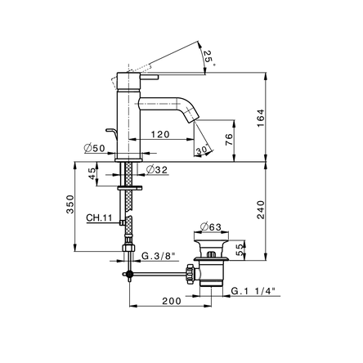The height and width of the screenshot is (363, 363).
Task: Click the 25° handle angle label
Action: pos(208,57)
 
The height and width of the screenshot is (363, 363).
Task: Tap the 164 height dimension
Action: pos(261,118)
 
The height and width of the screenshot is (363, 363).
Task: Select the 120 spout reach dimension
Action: pos(160,134)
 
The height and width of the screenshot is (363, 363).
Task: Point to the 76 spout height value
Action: pos(230,139)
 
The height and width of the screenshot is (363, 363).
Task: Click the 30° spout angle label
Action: pos(203,150)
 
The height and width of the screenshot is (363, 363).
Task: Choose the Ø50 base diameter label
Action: pos(94,149)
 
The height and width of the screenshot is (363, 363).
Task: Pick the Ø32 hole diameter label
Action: pos(157,170)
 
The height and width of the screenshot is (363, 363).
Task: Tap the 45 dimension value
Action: pos(92,173)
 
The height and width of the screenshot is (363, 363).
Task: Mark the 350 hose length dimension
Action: pos(70,204)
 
